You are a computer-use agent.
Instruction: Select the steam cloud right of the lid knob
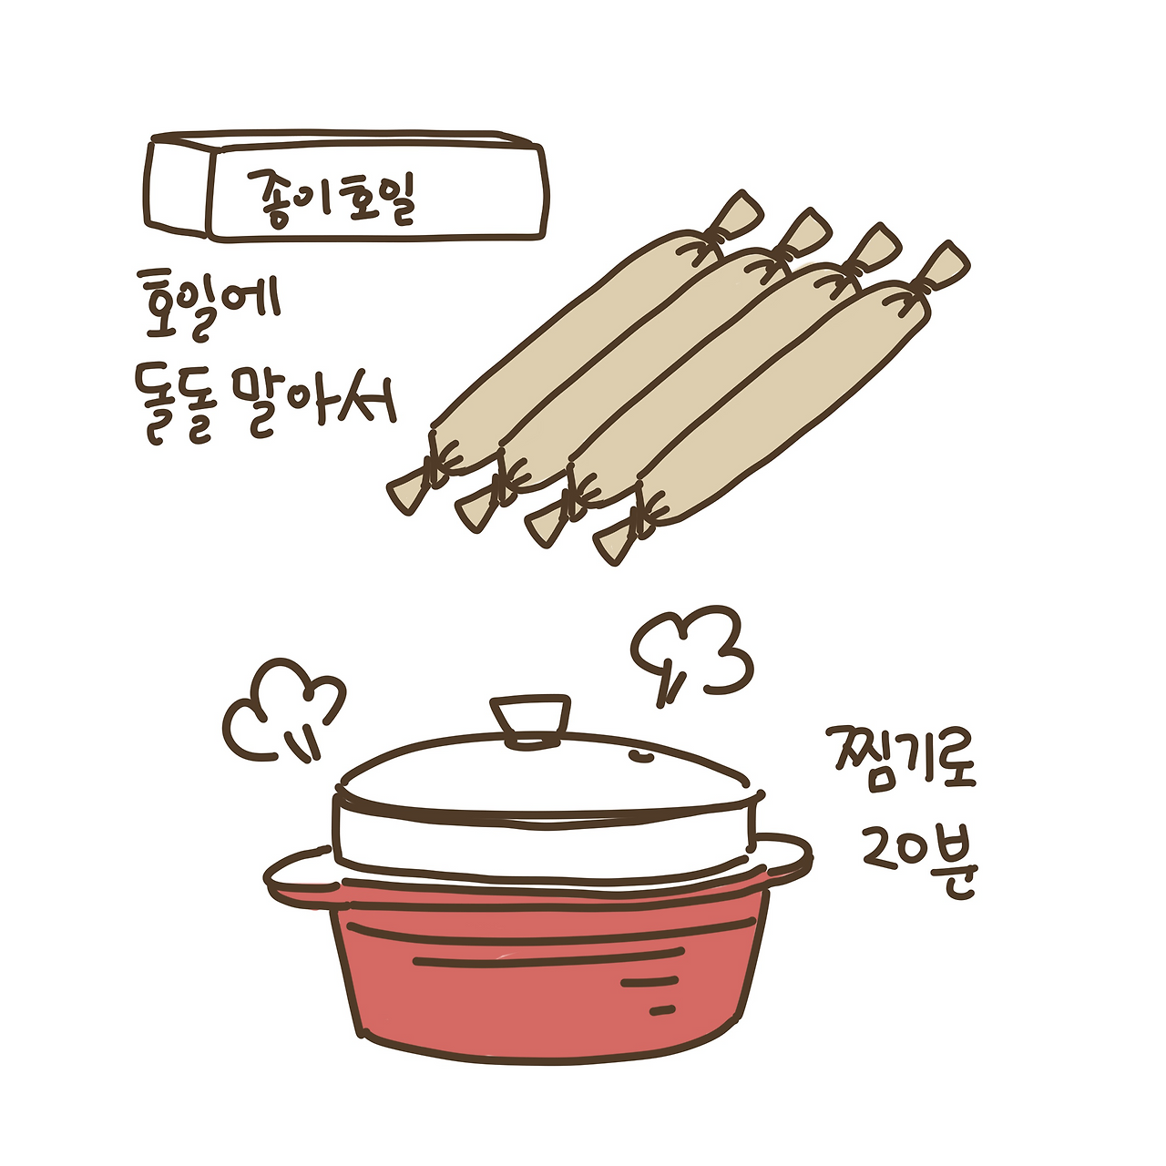point(691,651)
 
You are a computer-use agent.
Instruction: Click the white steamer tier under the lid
point(545,844)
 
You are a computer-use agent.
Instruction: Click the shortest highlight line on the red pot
point(662,1010)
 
